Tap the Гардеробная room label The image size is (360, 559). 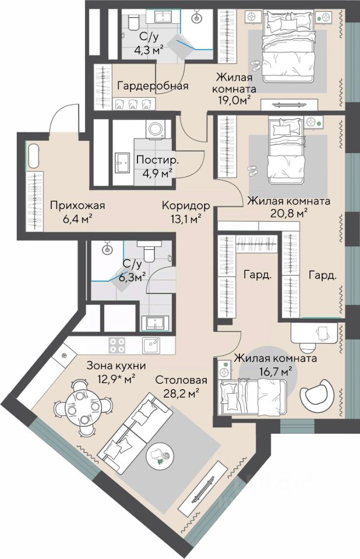(153, 86)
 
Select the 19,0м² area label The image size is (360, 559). (234, 99)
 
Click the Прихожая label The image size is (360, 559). (77, 206)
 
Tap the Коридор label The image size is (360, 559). (185, 206)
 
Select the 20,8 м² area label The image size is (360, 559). (289, 213)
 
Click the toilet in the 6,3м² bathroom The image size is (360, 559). (149, 252)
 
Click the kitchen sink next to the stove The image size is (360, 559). (151, 345)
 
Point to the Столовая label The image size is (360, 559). (181, 380)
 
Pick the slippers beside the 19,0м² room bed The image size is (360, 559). (256, 65)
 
